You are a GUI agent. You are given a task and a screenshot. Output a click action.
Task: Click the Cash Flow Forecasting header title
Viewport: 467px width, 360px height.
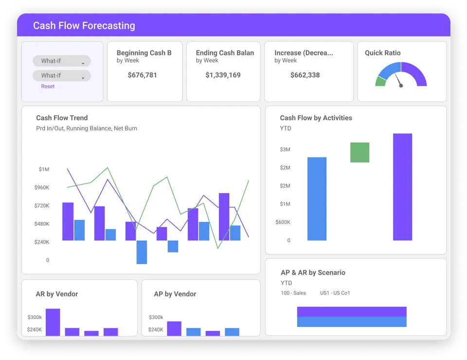click(x=84, y=26)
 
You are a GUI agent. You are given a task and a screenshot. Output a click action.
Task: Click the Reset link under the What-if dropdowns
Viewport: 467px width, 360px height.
click(x=48, y=87)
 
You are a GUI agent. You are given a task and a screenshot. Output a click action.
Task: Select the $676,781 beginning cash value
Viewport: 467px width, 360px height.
click(x=142, y=75)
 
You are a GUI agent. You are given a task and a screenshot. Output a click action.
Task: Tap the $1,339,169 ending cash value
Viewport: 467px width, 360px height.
click(x=223, y=75)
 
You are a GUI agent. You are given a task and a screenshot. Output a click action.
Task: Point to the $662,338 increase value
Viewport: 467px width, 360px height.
click(x=305, y=75)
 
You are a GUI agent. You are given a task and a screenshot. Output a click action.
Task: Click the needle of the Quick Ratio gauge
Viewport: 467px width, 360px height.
click(x=398, y=80)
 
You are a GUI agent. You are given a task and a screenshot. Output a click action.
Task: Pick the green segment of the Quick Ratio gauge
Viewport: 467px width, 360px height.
click(x=380, y=82)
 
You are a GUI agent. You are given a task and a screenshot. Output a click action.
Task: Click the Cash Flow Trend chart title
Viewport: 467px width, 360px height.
click(x=62, y=118)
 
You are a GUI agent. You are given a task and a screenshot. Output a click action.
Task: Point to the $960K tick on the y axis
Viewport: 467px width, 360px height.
click(x=41, y=187)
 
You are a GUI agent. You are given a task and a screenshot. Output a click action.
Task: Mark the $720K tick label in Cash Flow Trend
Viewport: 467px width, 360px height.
click(x=41, y=206)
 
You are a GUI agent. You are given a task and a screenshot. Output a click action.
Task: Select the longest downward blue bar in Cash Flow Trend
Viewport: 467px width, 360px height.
click(x=142, y=252)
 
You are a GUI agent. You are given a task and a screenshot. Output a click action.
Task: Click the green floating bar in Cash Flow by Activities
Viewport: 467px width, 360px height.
click(x=359, y=152)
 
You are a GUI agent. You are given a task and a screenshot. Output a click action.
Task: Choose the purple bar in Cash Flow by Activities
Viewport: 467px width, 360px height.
click(x=402, y=187)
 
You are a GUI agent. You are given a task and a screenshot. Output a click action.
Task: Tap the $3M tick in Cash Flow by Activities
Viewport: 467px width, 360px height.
click(x=285, y=149)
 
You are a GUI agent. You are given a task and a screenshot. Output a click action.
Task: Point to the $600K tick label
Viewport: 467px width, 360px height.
click(x=283, y=222)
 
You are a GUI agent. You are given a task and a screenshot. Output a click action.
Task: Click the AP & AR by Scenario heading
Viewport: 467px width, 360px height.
click(x=313, y=272)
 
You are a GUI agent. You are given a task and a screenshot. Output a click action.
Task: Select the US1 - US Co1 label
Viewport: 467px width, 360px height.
click(x=335, y=293)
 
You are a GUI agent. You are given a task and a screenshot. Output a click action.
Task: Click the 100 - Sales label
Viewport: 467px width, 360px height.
click(x=293, y=293)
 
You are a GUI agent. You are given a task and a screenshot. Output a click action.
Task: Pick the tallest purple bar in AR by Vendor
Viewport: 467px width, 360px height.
click(x=53, y=322)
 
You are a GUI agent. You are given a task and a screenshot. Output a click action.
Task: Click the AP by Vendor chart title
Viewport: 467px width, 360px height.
click(x=175, y=294)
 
